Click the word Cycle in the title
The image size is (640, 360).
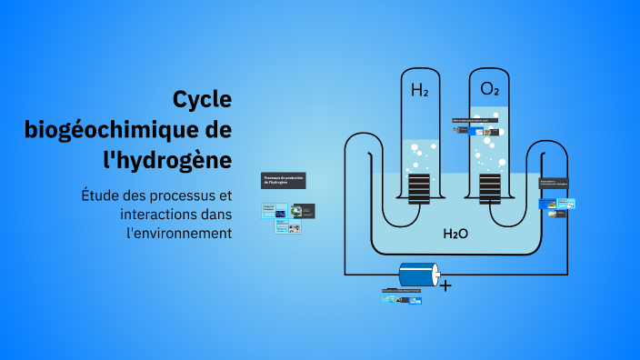click(202, 99)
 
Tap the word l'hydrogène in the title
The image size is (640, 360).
click(167, 159)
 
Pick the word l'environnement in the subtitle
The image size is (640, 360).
click(178, 233)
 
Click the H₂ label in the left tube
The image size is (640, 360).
click(419, 90)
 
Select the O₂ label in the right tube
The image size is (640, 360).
click(489, 89)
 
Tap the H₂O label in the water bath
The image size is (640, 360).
click(455, 234)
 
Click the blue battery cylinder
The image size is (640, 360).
click(419, 275)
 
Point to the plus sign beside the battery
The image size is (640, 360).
click(445, 285)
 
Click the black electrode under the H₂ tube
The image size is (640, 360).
click(419, 189)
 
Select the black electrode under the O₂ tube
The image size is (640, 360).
click(490, 189)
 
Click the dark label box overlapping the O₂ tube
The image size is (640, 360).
click(475, 120)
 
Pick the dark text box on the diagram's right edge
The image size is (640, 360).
click(554, 185)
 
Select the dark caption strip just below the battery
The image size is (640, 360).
click(402, 291)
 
